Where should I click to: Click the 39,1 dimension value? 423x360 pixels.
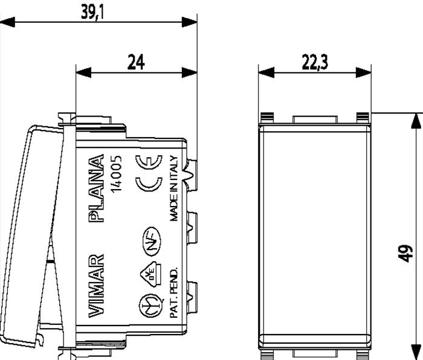click(x=92, y=13)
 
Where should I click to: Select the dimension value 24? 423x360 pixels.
click(x=136, y=62)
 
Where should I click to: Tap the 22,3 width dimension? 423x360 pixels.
click(x=315, y=62)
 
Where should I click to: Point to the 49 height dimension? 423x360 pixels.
click(x=405, y=254)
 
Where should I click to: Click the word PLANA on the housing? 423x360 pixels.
click(x=96, y=188)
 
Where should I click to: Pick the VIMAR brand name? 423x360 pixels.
click(x=96, y=286)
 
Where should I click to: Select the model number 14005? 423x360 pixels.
click(x=117, y=174)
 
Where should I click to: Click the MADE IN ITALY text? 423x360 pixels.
click(x=174, y=188)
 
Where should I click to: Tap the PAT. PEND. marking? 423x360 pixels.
click(x=174, y=292)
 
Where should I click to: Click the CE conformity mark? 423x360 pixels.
click(x=149, y=173)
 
